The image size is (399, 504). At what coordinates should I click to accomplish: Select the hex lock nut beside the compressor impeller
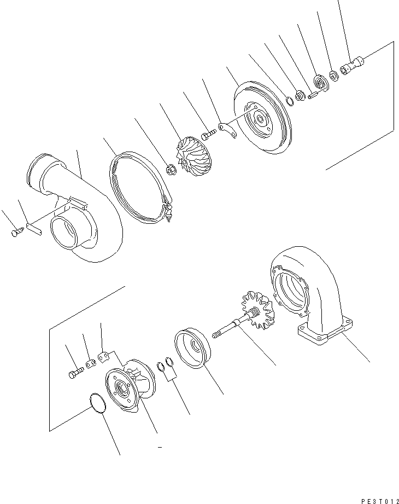tap(170, 171)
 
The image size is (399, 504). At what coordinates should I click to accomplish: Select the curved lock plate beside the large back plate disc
tap(228, 130)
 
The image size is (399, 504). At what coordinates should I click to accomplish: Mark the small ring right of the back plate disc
tap(289, 100)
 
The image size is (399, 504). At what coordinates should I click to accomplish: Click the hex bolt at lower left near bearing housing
tap(74, 375)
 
